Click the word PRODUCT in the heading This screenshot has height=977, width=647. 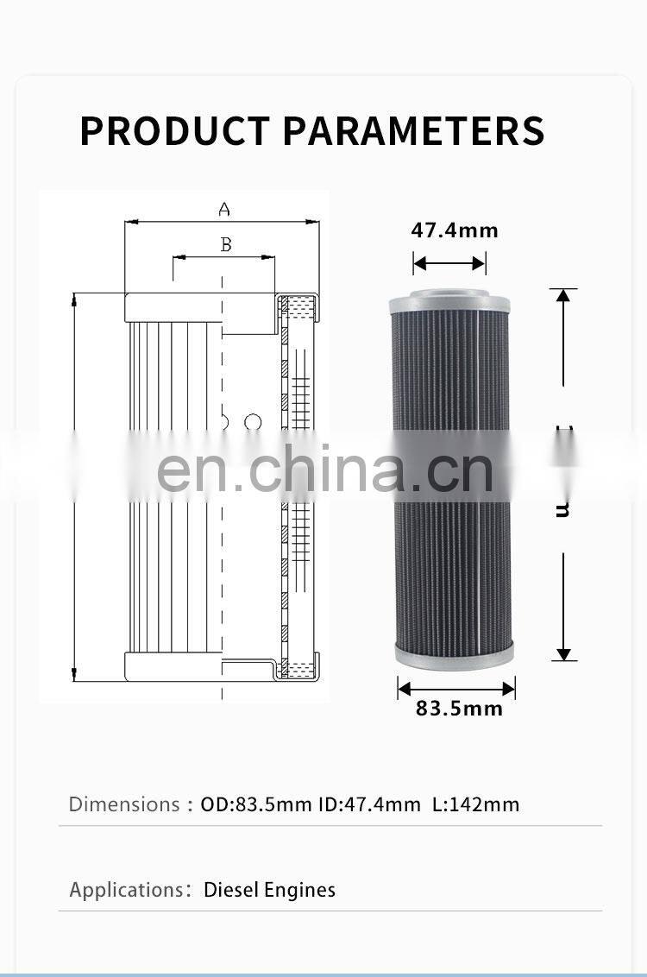click(x=174, y=130)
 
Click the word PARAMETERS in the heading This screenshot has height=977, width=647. click(x=414, y=130)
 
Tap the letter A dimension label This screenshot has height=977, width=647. click(x=224, y=209)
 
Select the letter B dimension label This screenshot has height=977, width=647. click(x=226, y=245)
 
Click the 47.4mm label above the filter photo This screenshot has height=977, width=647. click(x=455, y=230)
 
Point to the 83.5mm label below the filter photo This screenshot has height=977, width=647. click(x=459, y=709)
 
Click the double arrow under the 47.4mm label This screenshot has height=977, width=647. click(x=449, y=263)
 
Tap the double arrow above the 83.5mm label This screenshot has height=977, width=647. click(x=456, y=688)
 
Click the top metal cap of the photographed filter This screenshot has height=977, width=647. click(x=450, y=302)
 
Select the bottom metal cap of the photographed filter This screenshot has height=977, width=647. click(x=455, y=653)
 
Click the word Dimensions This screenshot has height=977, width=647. click(x=124, y=804)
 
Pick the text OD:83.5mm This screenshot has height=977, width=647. click(x=256, y=804)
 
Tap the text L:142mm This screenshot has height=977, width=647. click(x=476, y=804)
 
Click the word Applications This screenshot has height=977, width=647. click(x=126, y=890)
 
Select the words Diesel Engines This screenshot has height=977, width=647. click(x=269, y=890)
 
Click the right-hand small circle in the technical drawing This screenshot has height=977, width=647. click(x=253, y=422)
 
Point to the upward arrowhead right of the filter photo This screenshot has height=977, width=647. click(x=563, y=297)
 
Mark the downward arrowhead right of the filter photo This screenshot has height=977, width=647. click(x=563, y=653)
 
